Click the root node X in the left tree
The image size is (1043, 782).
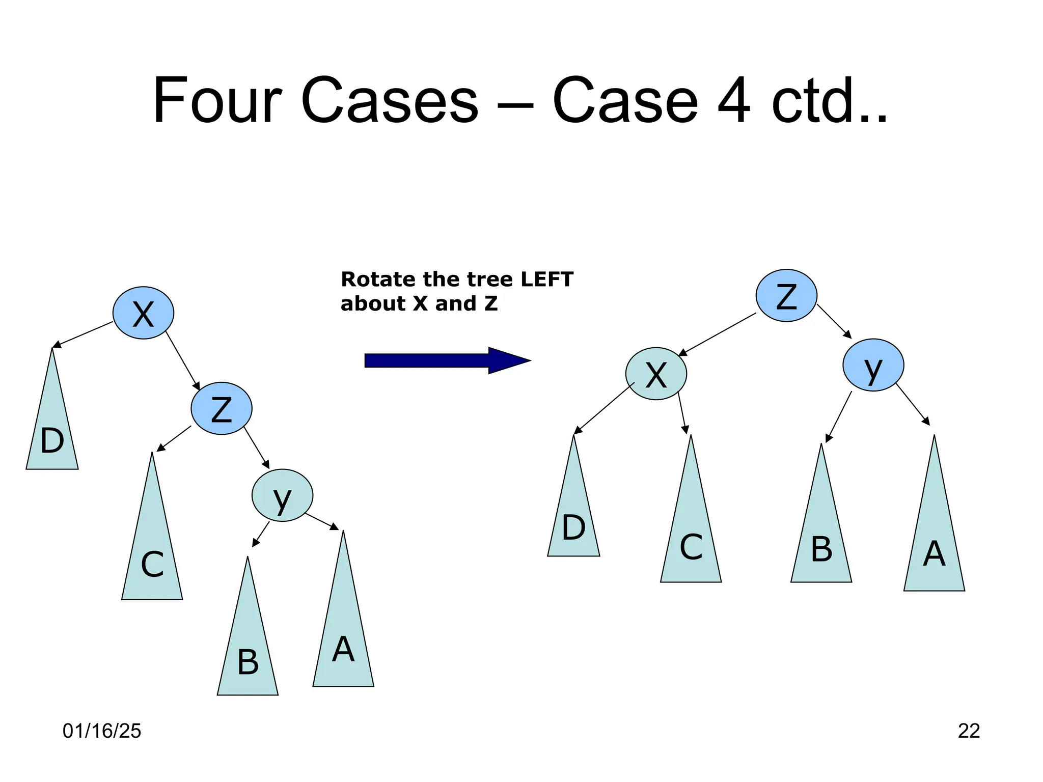pyautogui.click(x=143, y=313)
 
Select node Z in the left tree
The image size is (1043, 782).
pyautogui.click(x=222, y=408)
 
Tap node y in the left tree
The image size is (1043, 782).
pyautogui.click(x=282, y=495)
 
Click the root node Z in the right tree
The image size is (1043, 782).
pyautogui.click(x=786, y=295)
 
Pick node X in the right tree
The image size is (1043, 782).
pyautogui.click(x=656, y=374)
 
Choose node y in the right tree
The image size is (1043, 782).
pyautogui.click(x=873, y=365)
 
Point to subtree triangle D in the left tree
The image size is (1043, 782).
pyautogui.click(x=52, y=433)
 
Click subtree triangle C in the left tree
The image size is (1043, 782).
pyautogui.click(x=152, y=550)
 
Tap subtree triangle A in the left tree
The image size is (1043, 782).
pyautogui.click(x=343, y=636)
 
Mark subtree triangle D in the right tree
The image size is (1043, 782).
pyautogui.click(x=573, y=519)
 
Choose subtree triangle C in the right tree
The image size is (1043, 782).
pyautogui.click(x=691, y=535)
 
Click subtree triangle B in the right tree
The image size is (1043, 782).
pyautogui.click(x=821, y=540)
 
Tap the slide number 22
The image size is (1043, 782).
pyautogui.click(x=969, y=731)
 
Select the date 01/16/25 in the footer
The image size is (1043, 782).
pyautogui.click(x=102, y=731)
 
